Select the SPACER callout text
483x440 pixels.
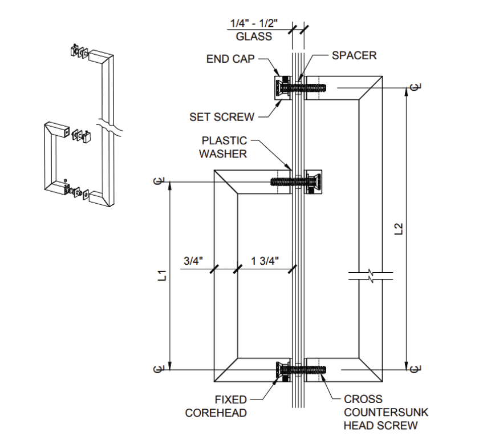(x=354, y=55)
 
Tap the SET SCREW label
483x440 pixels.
(x=222, y=117)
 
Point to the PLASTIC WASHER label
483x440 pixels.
(x=224, y=147)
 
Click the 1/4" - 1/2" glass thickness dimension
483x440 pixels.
(x=253, y=23)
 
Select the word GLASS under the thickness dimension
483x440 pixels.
(x=253, y=36)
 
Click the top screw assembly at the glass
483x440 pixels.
(x=299, y=88)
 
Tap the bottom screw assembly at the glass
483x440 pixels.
(x=299, y=370)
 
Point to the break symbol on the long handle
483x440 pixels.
(x=371, y=276)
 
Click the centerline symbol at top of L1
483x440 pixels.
(x=159, y=181)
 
